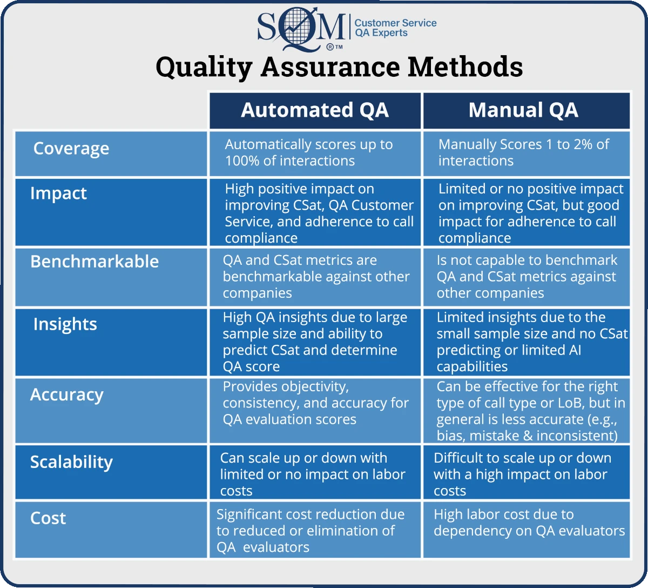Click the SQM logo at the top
(x=301, y=28)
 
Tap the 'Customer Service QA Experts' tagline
(x=395, y=28)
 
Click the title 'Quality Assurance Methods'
(x=339, y=67)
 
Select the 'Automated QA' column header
(x=315, y=110)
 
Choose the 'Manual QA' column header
(x=523, y=110)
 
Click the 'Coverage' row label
(x=71, y=149)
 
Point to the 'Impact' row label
(x=58, y=193)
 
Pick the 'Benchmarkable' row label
(x=94, y=262)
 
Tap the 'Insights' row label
(x=65, y=324)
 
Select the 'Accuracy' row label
(x=66, y=395)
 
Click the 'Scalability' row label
(x=71, y=462)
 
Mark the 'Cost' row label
(x=48, y=518)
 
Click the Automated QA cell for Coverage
(x=315, y=153)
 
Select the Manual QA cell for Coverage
(x=526, y=153)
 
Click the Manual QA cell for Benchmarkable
(x=526, y=277)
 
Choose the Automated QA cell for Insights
(x=315, y=342)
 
